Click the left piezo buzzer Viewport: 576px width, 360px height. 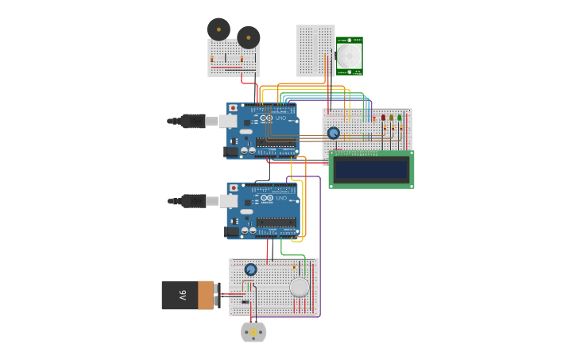point(218,29)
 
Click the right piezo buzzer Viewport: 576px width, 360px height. point(249,37)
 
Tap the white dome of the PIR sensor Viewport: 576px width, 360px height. point(349,56)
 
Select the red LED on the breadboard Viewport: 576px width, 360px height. point(383,118)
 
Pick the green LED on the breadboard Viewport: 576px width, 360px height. point(399,118)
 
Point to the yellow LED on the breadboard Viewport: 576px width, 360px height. point(391,118)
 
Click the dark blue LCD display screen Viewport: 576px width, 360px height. point(371,169)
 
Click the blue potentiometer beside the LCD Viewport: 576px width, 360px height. point(334,134)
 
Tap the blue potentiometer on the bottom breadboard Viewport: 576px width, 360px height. point(251,269)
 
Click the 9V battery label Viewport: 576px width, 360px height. point(183,295)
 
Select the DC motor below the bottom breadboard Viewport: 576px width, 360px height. point(253,332)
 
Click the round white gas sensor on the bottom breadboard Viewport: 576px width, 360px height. point(299,287)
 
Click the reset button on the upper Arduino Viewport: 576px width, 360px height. point(233,108)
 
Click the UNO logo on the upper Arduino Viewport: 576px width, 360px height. point(280,118)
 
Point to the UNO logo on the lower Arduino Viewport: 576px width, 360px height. point(280,198)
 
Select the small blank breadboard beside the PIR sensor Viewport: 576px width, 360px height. point(315,50)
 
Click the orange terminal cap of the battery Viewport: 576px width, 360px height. point(207,295)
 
